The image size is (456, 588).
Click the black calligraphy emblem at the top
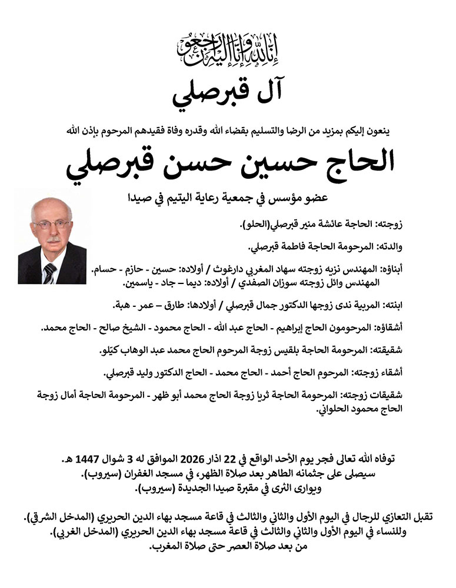228,50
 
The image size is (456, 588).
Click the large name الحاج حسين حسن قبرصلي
228,164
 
